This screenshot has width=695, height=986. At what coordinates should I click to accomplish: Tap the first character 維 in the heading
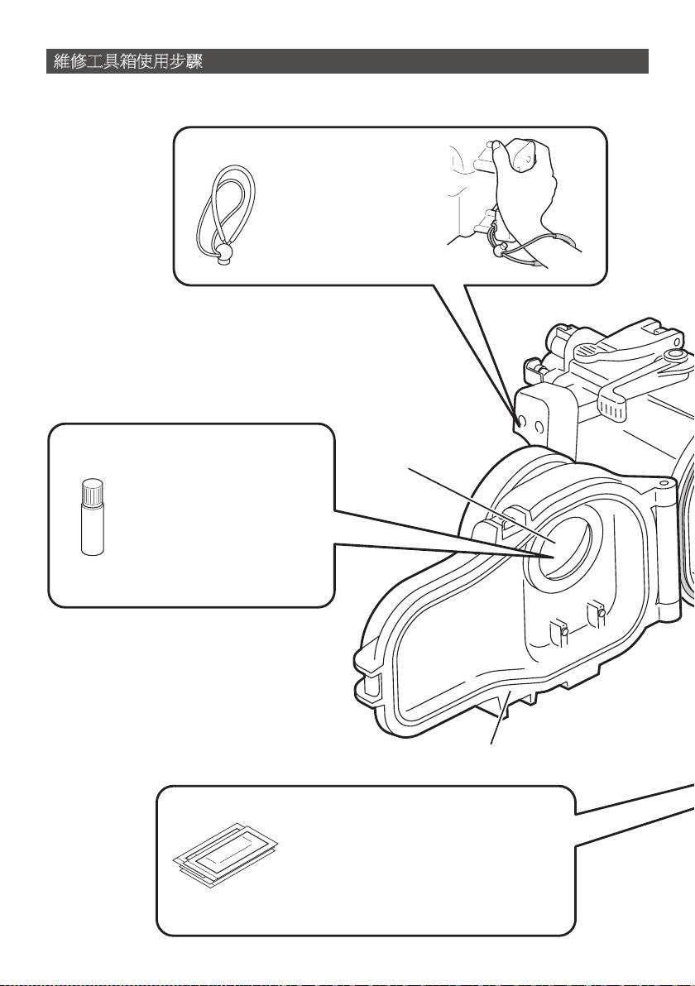pos(61,62)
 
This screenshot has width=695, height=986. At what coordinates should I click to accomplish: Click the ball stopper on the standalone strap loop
pos(224,251)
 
